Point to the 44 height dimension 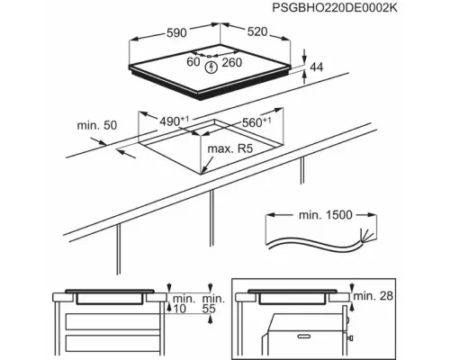tap(317, 68)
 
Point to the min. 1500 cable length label tap(324, 216)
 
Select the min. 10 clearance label tap(184, 302)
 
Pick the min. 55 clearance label tap(212, 302)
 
